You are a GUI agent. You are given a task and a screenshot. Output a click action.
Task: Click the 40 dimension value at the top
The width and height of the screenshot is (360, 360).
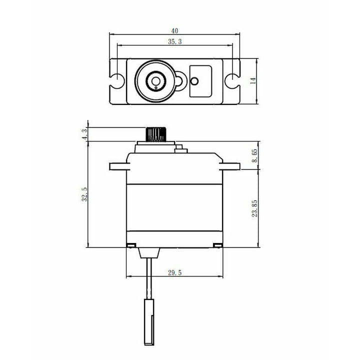coord(174,30)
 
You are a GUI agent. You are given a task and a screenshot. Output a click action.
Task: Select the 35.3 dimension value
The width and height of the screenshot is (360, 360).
coord(174,41)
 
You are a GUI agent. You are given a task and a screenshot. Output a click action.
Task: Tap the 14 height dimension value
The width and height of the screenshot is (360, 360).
coord(253,81)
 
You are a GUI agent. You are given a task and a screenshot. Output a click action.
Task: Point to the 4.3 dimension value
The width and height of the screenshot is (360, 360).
coord(85,134)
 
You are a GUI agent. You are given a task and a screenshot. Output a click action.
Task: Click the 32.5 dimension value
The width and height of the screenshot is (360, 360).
coord(84,194)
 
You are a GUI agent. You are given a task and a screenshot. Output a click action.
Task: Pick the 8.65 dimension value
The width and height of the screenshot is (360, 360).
coord(255,155)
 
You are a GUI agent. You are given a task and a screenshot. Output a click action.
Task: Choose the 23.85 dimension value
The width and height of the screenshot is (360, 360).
coord(255,208)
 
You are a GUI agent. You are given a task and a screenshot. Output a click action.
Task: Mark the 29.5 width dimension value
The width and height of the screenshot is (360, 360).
coord(174,272)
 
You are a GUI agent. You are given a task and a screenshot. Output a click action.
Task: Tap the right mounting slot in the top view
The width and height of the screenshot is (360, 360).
coord(232,81)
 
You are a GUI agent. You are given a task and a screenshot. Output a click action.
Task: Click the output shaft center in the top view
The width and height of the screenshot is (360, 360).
coord(155,81)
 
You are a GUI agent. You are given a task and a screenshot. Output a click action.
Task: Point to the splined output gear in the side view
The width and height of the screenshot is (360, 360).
coord(155,134)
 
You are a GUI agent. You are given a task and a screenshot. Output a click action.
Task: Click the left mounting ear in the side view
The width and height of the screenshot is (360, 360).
coord(119,166)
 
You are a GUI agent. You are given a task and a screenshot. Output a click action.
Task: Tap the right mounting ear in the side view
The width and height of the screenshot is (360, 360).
coord(229,166)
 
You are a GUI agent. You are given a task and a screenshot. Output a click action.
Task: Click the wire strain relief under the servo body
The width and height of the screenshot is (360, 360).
coord(149,253)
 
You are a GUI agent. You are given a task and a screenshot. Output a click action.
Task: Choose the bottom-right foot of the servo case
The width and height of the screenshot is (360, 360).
coord(218,245)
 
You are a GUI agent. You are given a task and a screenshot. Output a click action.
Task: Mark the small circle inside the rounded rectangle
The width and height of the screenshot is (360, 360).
coord(194,81)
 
